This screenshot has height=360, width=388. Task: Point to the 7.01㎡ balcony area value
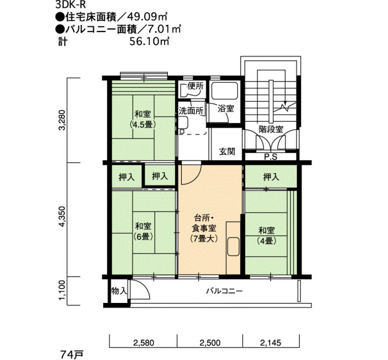[164, 29]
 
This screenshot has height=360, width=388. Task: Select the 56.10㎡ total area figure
[150, 42]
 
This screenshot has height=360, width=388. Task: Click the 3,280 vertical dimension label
[63, 120]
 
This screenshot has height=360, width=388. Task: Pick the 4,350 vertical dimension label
[63, 216]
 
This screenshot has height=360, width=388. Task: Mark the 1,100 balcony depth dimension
[63, 290]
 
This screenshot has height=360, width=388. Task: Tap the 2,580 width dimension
[144, 343]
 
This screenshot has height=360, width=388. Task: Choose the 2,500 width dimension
[210, 343]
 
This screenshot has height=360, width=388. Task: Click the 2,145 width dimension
[270, 343]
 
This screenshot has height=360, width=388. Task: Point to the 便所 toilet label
[196, 86]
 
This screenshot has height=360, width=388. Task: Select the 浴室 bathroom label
[226, 109]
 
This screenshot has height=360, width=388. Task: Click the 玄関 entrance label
[227, 151]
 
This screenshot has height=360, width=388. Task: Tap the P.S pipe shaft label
[270, 157]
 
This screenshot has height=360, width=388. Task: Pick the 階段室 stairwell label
[271, 129]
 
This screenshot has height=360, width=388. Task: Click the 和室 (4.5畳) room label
[143, 120]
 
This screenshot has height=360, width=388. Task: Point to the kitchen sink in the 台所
[233, 246]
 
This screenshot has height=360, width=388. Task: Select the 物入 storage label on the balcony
[119, 291]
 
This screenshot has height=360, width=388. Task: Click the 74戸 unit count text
[72, 355]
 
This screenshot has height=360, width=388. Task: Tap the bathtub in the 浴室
[224, 91]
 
